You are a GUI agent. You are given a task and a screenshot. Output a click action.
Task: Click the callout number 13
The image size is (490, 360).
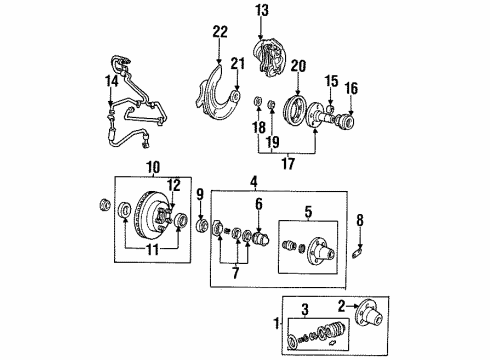pos(262,11)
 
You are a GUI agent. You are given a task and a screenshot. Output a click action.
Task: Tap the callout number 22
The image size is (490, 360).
pos(220,31)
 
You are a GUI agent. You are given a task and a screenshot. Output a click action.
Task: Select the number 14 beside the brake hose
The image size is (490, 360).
pos(111,81)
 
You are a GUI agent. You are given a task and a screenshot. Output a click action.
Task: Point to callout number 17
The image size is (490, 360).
pos(288,163)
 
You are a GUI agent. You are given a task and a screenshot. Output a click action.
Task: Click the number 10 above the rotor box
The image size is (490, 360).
pos(153,167)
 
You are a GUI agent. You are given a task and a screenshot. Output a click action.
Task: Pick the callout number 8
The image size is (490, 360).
pos(360,220)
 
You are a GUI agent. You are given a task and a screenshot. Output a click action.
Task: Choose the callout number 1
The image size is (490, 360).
pos(276,323)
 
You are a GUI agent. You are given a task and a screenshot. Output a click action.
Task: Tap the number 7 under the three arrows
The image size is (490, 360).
pos(236,273)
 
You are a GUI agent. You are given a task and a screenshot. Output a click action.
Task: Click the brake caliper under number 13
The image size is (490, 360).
pos(268,59)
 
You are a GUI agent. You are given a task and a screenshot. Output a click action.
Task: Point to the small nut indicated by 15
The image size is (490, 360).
pos(330,109)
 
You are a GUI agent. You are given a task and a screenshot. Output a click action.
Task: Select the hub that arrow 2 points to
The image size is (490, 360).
pos(369,315)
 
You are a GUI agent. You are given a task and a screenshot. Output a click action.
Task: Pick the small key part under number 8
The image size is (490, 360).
pos(358,250)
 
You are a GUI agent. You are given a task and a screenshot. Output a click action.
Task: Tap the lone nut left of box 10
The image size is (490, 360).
pos(105,204)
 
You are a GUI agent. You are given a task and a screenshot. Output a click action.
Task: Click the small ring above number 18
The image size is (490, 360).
pos(258,100)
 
